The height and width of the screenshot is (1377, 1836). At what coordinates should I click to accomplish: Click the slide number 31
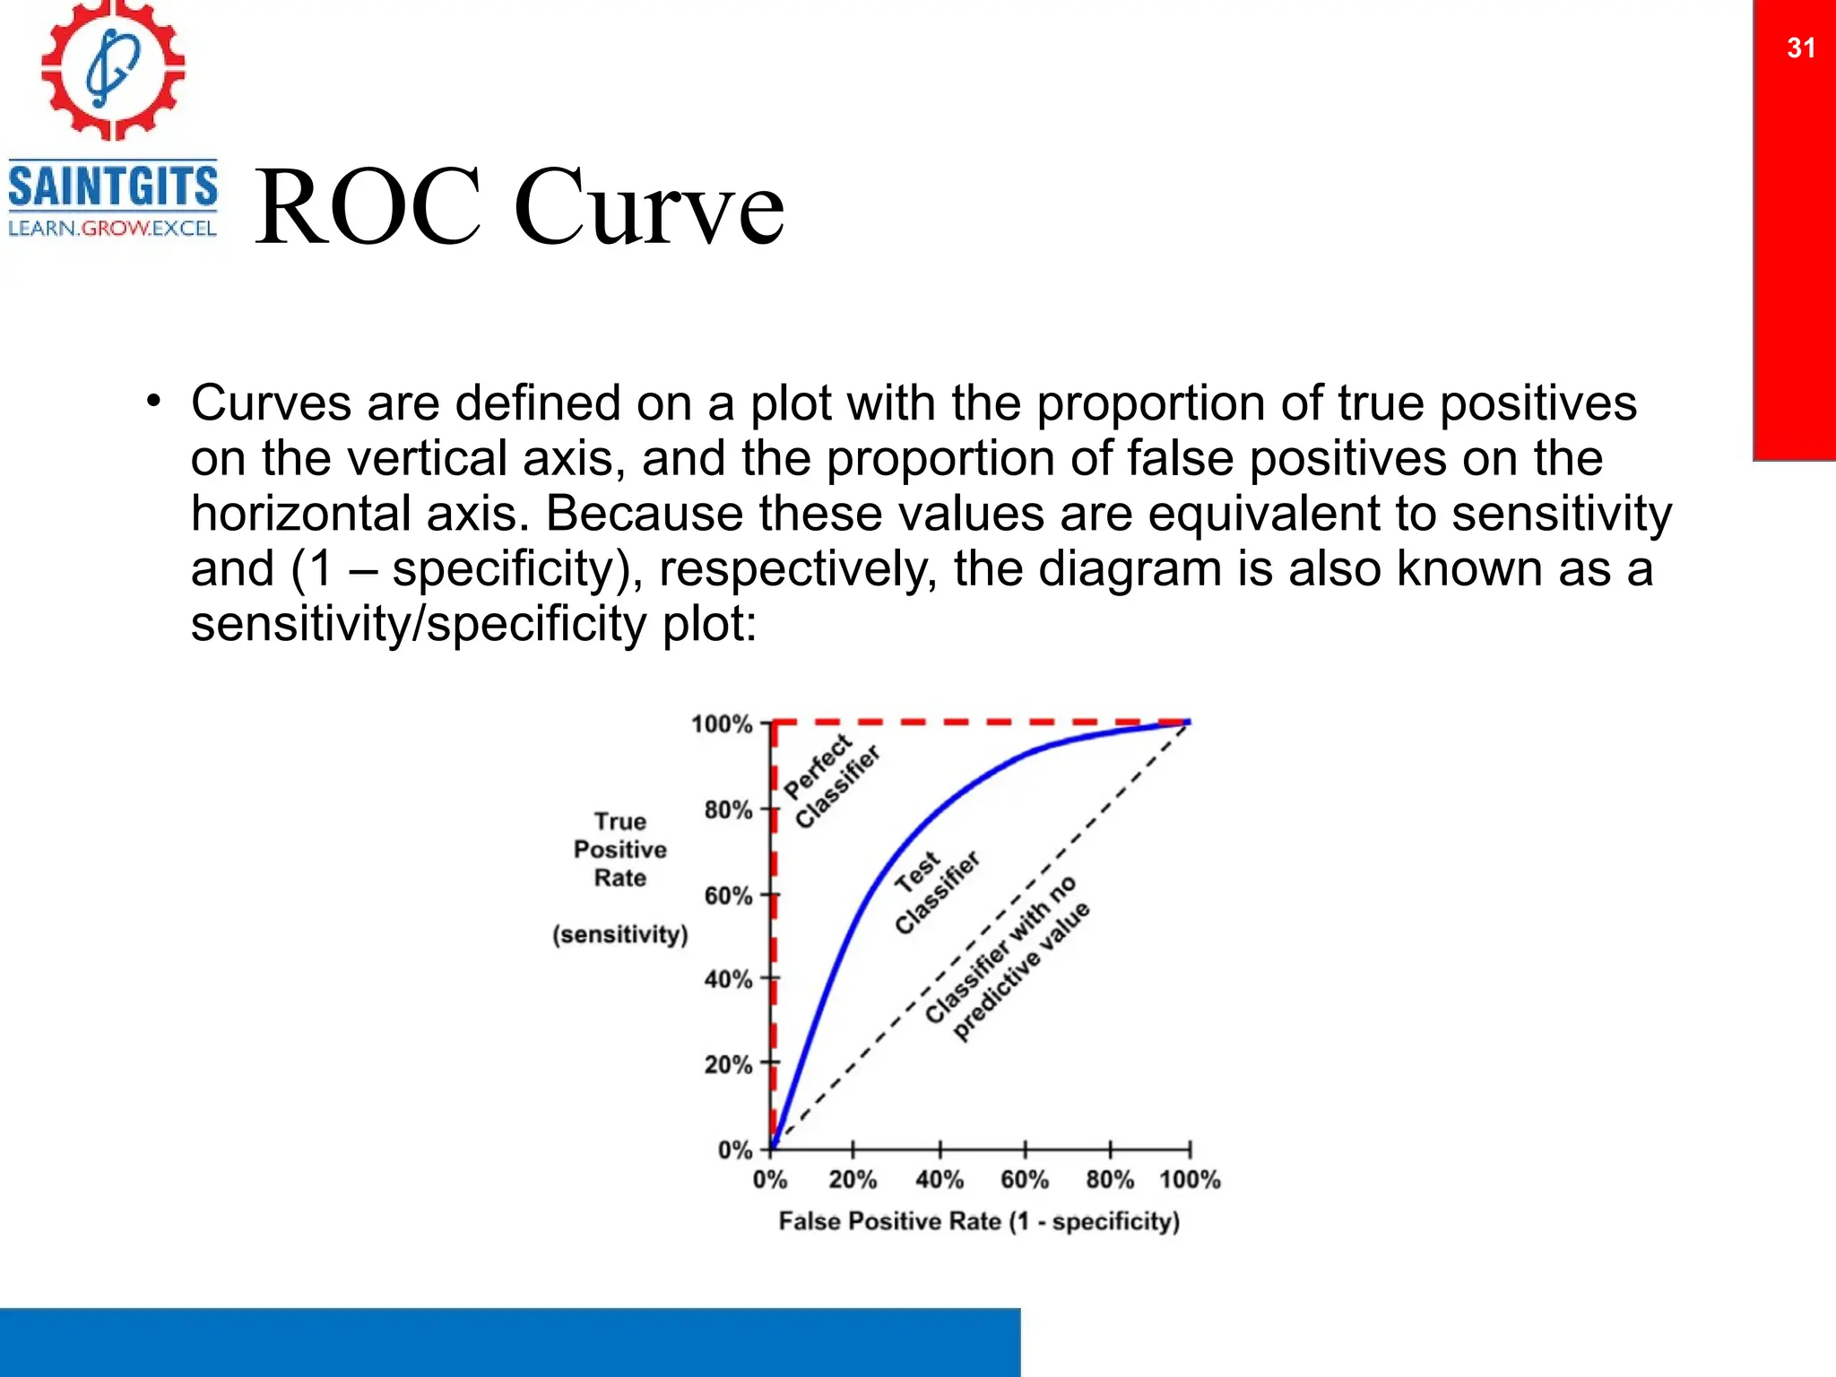1801,48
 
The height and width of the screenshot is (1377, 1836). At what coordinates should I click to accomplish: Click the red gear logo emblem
113,70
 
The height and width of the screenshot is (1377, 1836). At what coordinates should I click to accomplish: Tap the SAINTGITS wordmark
113,186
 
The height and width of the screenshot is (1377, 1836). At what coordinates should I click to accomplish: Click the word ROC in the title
368,207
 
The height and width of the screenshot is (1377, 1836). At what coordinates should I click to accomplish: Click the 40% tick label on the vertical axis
728,979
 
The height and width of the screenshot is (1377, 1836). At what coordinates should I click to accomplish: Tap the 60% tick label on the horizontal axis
1025,1180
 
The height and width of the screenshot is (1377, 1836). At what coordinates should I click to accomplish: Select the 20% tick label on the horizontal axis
853,1180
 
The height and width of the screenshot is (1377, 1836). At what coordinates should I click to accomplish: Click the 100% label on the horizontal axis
1190,1180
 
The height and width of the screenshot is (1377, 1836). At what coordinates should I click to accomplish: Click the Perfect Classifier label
831,781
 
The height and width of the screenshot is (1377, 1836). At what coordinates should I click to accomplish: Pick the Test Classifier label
935,891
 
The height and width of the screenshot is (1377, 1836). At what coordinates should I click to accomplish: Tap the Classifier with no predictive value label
1008,959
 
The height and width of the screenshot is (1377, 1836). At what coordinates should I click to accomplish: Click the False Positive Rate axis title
979,1221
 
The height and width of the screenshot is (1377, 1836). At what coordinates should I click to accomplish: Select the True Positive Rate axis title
620,849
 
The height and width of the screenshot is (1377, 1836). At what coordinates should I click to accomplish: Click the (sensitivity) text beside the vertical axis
620,934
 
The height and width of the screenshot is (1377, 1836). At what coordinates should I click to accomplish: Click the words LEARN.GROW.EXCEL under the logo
112,229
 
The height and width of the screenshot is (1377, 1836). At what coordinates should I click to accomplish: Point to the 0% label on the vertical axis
734,1150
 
